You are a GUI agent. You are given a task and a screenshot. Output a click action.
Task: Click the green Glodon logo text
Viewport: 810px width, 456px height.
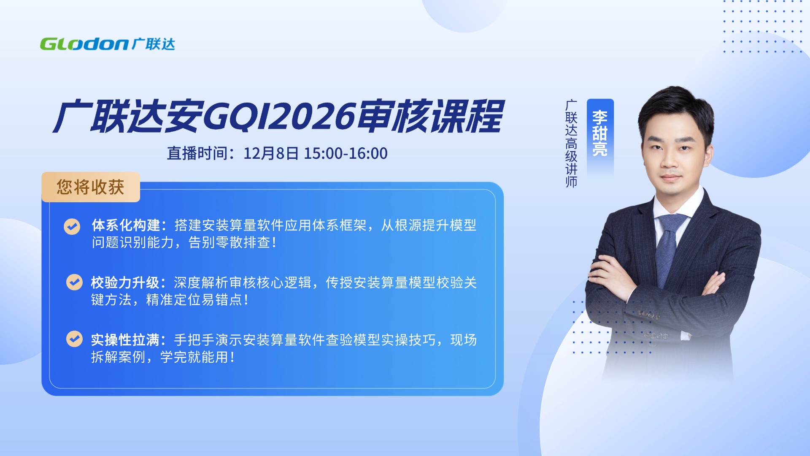(x=84, y=44)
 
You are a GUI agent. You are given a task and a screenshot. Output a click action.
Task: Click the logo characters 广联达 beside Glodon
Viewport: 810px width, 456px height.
(x=154, y=44)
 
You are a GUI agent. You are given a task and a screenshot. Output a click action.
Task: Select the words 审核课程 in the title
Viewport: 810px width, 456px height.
(x=430, y=116)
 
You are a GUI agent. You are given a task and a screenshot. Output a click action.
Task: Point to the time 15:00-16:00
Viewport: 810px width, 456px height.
(x=346, y=153)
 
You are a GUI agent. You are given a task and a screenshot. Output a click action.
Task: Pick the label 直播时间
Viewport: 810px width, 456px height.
(x=197, y=153)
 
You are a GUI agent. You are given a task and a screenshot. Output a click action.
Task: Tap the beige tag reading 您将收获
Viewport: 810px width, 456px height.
(x=91, y=187)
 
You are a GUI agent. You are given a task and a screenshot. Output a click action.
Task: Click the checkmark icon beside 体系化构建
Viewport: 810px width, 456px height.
(x=72, y=226)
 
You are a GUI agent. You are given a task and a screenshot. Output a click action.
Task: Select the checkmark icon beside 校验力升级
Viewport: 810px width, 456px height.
(x=75, y=282)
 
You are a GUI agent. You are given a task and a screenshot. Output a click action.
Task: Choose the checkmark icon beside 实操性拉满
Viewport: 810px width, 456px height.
(x=75, y=339)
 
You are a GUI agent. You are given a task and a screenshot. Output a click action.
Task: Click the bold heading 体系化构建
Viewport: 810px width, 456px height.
(x=126, y=225)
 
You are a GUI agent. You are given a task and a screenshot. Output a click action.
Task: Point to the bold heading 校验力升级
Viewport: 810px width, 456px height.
(x=125, y=282)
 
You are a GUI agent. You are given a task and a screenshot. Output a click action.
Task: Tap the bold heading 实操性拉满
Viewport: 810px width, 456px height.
(x=125, y=340)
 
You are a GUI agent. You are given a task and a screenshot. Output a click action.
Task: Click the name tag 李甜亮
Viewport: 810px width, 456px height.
(x=600, y=133)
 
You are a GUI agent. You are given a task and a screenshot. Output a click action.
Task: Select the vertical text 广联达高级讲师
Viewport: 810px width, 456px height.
(x=571, y=144)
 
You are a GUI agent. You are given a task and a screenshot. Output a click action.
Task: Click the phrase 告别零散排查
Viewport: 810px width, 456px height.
(x=229, y=243)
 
